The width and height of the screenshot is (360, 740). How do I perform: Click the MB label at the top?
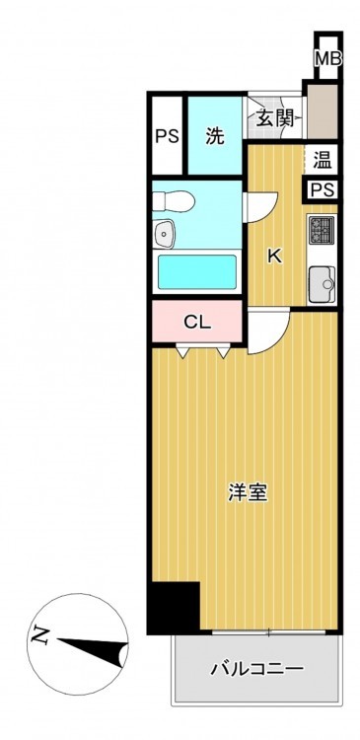coord(327,59)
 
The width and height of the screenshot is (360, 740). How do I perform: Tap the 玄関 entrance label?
coord(275,117)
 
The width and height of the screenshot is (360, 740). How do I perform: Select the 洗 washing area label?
coord(215,136)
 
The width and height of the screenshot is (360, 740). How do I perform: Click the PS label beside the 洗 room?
coord(168,136)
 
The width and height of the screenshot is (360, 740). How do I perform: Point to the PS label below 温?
coord(323,189)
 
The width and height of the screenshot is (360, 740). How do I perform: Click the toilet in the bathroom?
coord(174,201)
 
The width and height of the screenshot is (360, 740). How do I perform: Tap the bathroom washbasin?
coord(165,233)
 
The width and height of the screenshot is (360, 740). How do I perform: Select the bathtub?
coord(197,272)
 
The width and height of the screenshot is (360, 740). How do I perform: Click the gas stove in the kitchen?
coord(322,230)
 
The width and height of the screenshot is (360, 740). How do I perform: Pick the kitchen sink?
coord(322,283)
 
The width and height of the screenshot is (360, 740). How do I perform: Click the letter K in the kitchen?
coord(274,257)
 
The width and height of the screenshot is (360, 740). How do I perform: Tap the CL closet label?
coord(197,323)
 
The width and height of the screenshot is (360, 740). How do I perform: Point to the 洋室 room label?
coord(249,492)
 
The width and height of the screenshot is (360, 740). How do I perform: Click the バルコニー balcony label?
coord(257,668)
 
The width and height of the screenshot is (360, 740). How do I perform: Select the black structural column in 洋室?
coord(174,608)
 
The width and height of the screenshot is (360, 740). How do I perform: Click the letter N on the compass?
coord(41,635)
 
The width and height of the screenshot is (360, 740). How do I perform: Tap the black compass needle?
coord(93,650)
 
